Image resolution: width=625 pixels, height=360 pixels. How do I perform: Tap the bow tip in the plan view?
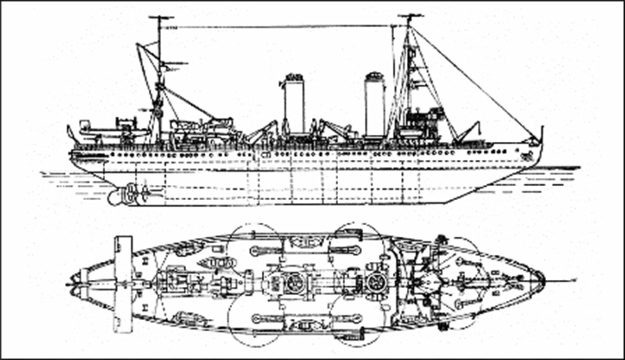pyautogui.click(x=543, y=280)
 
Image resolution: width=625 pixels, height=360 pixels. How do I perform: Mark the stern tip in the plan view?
pyautogui.click(x=71, y=282)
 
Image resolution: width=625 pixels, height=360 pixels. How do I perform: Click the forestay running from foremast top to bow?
pyautogui.click(x=475, y=83)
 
